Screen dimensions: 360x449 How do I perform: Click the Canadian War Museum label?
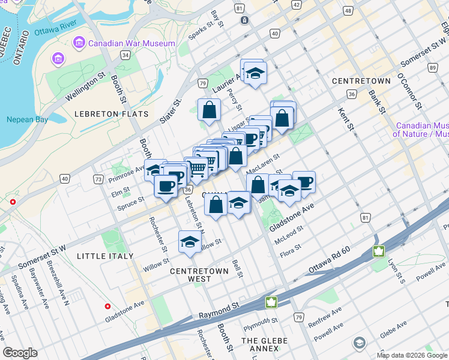[131, 43]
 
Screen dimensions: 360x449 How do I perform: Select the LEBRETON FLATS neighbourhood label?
[103, 114]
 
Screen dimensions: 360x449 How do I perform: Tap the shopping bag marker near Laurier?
[209, 110]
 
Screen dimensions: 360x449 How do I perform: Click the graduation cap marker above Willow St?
[190, 242]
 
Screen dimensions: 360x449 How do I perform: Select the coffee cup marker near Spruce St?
[165, 185]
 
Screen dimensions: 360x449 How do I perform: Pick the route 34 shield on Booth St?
[125, 55]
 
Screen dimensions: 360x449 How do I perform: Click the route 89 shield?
[433, 68]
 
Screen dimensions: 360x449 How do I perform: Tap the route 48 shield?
[348, 11]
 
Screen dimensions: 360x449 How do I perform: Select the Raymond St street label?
[220, 311]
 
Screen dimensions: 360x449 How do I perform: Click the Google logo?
[20, 353]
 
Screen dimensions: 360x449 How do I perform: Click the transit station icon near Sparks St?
[245, 20]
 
